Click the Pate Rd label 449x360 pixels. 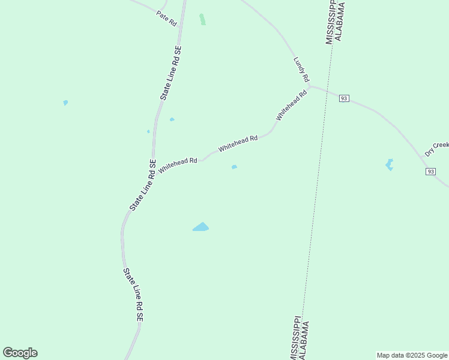click(166, 17)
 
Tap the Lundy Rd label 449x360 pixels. click(301, 70)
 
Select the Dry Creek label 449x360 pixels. click(437, 148)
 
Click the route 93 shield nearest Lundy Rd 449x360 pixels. click(344, 98)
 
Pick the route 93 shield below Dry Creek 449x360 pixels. click(431, 172)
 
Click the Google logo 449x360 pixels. click(20, 353)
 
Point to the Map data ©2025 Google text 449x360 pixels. click(412, 355)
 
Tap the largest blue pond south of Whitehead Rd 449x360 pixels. click(200, 227)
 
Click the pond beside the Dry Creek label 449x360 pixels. click(390, 164)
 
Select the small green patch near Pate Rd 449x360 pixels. click(202, 19)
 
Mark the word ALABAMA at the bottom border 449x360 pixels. click(305, 340)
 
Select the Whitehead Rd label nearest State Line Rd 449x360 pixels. click(178, 162)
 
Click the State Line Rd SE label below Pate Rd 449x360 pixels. click(170, 73)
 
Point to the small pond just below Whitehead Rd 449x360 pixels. click(234, 167)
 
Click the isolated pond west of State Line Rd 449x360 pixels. click(65, 103)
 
